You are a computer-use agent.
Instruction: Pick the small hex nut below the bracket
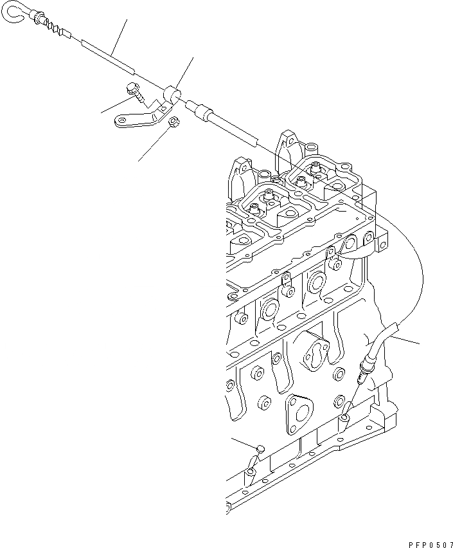click(x=173, y=122)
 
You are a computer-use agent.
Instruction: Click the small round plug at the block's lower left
click(x=260, y=448)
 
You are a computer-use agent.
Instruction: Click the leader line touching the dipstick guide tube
click(x=408, y=338)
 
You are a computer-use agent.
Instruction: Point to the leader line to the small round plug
click(x=244, y=443)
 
